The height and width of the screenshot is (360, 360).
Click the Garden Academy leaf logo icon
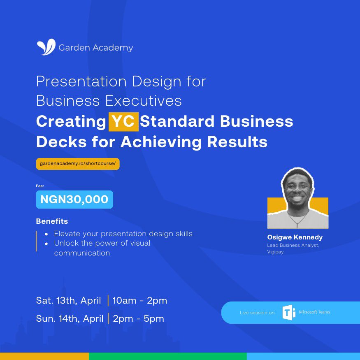click(46, 47)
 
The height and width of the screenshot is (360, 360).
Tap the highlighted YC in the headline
click(123, 122)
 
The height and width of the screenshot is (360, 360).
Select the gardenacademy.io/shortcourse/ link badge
click(78, 163)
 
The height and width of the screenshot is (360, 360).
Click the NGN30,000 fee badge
click(74, 200)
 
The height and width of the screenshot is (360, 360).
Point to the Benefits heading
click(52, 221)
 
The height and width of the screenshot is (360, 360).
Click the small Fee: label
click(40, 186)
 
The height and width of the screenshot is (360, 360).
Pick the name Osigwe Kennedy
click(295, 237)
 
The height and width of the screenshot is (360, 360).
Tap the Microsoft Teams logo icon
click(289, 313)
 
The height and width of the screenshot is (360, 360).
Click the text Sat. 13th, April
click(68, 301)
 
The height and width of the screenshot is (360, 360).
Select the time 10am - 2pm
click(140, 301)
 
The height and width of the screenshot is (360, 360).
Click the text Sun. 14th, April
click(69, 319)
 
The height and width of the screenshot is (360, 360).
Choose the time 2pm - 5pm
click(138, 319)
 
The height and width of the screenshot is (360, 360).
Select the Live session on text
click(257, 313)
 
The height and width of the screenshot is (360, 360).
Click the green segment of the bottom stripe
click(167, 356)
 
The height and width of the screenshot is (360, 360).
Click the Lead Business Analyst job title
click(293, 245)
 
